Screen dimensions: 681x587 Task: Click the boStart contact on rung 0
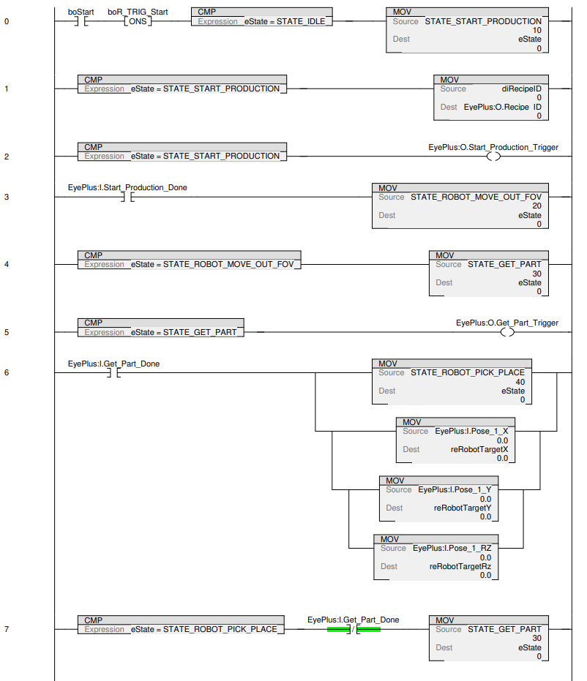[81, 21]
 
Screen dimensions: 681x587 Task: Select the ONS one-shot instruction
[137, 21]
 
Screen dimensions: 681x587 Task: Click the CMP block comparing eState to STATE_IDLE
[261, 18]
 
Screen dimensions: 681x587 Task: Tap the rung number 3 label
[7, 197]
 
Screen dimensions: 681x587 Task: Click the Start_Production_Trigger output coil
[493, 156]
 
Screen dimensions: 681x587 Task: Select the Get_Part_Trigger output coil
[506, 332]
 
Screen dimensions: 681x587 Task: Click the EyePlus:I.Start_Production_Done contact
[127, 197]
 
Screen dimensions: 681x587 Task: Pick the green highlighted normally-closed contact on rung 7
[354, 629]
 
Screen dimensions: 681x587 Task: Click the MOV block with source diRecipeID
[491, 97]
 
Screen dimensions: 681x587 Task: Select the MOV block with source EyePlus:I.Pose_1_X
[456, 440]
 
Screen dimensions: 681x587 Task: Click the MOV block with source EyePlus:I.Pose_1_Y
[438, 499]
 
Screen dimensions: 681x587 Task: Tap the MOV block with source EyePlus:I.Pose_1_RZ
[436, 557]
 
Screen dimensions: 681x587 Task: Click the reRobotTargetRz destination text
[460, 566]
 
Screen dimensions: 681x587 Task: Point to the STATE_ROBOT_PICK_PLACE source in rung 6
[467, 372]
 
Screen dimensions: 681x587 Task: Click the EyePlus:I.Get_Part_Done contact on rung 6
[113, 372]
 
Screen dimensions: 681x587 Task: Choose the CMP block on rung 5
[161, 328]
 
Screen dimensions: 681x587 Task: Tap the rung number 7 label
[7, 629]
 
